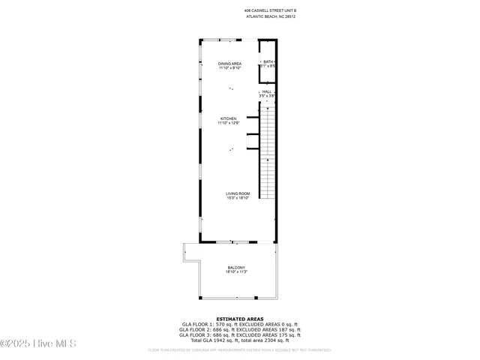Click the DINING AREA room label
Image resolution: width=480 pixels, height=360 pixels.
[x=229, y=64]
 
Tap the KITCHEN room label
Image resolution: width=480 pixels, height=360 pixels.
[x=229, y=118]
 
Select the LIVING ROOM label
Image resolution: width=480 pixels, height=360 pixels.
[x=237, y=193]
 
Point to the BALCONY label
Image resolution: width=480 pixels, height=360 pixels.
[x=236, y=268]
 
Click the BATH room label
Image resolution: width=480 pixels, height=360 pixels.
[x=267, y=61]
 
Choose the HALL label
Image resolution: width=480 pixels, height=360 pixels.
[x=267, y=91]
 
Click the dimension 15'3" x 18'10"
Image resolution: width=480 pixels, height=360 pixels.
[x=237, y=198]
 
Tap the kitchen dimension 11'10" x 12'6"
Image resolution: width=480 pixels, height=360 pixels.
[x=229, y=123]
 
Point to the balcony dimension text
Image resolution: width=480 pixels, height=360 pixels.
[x=236, y=272]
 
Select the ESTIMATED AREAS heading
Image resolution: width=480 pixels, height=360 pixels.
[x=239, y=319]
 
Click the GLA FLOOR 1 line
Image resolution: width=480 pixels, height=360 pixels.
[x=239, y=325]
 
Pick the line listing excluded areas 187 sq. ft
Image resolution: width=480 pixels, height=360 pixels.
[x=239, y=330]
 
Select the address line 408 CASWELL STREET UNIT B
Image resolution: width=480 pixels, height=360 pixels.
[x=271, y=10]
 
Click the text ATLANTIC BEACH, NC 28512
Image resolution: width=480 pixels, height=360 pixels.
[x=271, y=17]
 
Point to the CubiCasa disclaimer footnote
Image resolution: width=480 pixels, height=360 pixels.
[x=239, y=349]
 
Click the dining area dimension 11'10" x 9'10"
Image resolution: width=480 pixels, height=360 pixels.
[x=229, y=68]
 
